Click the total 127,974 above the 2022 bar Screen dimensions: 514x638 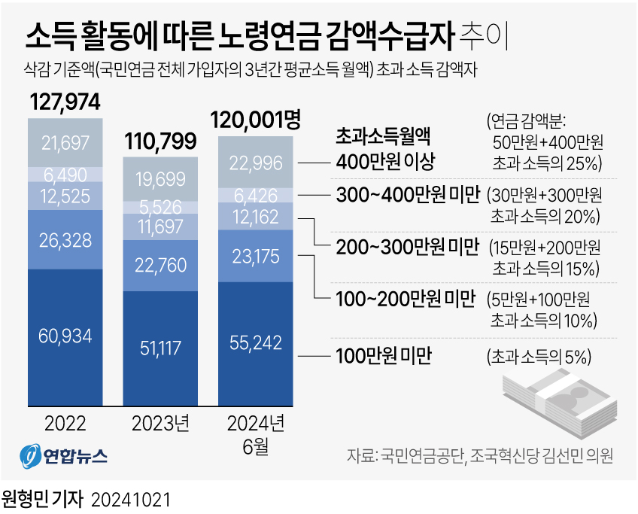(x=65, y=104)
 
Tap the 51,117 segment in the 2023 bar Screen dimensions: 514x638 (x=160, y=345)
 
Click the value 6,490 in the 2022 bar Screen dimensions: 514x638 (x=65, y=174)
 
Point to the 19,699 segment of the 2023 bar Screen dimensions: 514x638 (x=160, y=178)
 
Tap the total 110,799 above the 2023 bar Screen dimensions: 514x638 (x=160, y=141)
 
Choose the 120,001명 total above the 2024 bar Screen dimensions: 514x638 (x=256, y=120)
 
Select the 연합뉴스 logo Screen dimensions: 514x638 (x=64, y=457)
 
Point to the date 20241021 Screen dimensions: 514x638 (x=131, y=499)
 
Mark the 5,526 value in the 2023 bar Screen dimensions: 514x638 (x=160, y=207)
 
